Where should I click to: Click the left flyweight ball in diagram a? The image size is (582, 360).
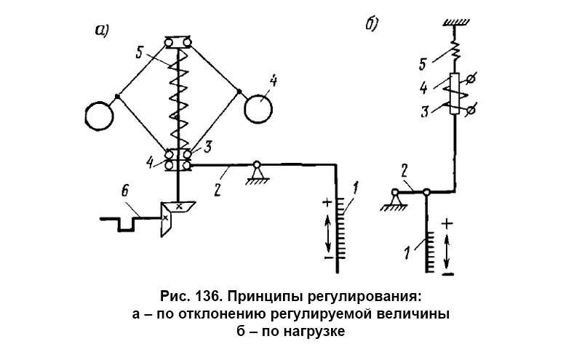click(99, 114)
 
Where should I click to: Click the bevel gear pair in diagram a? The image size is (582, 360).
click(174, 215)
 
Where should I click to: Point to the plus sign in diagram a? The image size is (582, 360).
click(327, 202)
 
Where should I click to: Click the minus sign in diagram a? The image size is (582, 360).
click(327, 257)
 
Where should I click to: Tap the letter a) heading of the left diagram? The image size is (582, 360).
click(102, 30)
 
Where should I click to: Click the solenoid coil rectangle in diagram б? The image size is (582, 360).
click(455, 94)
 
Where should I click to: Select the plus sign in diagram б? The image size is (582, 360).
click(447, 222)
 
